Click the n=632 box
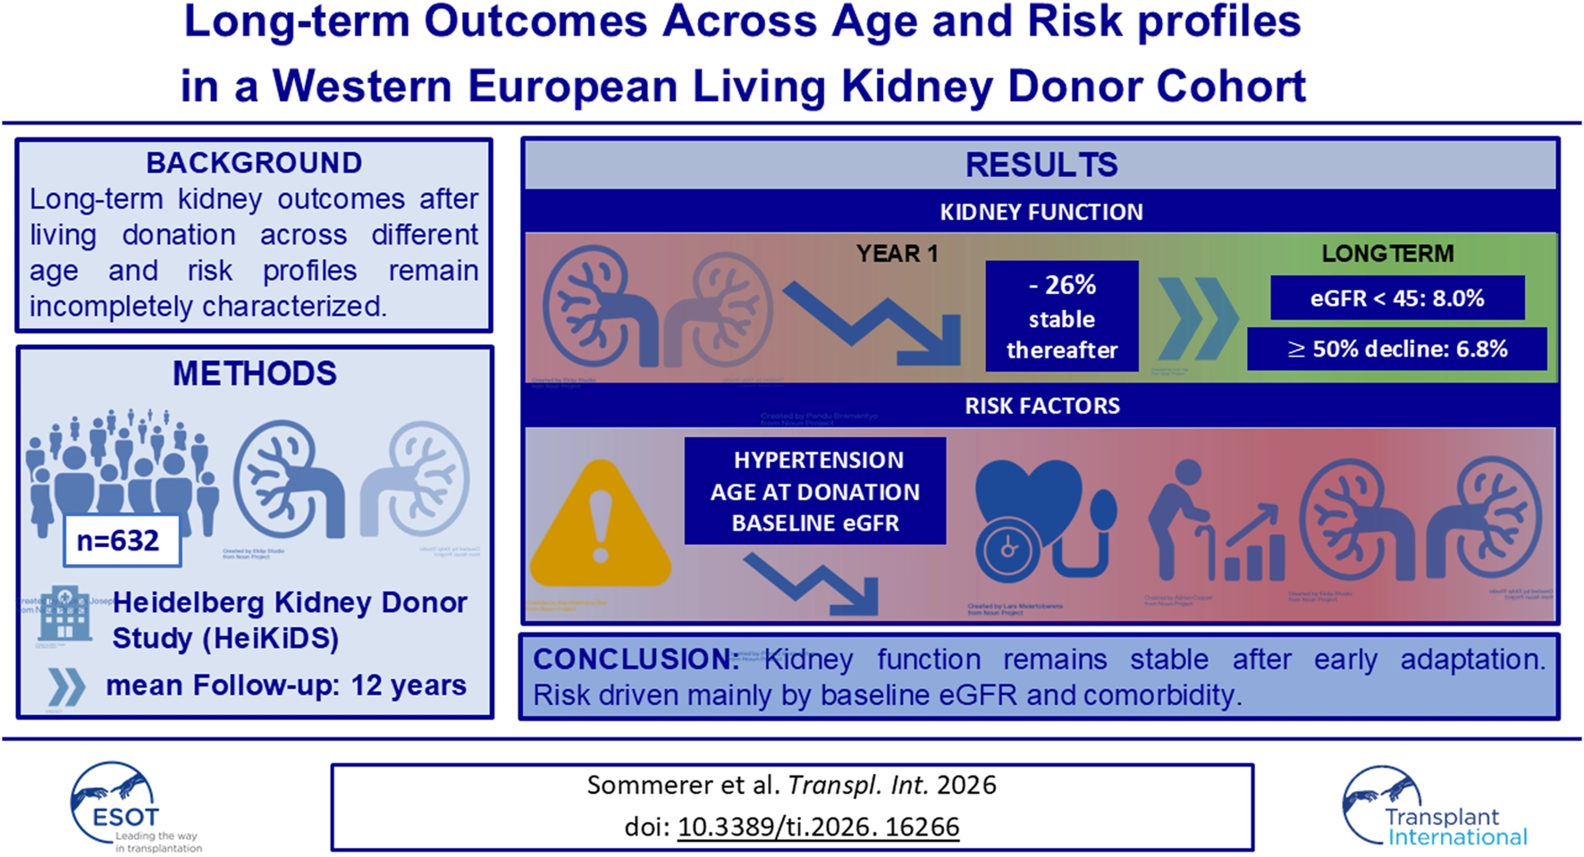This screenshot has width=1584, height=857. (x=122, y=541)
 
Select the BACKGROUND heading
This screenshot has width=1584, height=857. (x=254, y=163)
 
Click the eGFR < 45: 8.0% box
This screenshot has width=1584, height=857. (x=1397, y=298)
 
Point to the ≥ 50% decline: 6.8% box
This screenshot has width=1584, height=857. (x=1397, y=349)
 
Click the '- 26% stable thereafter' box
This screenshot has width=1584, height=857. (x=1062, y=316)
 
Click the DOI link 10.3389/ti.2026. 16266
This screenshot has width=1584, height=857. (x=818, y=827)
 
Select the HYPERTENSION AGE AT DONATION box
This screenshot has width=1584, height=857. (x=815, y=491)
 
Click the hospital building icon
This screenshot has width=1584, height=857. (x=65, y=615)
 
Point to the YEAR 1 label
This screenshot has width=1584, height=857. (x=897, y=254)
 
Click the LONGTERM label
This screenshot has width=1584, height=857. (x=1387, y=254)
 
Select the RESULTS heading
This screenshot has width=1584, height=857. (x=1041, y=164)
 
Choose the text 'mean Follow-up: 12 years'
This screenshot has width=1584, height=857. (x=286, y=685)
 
